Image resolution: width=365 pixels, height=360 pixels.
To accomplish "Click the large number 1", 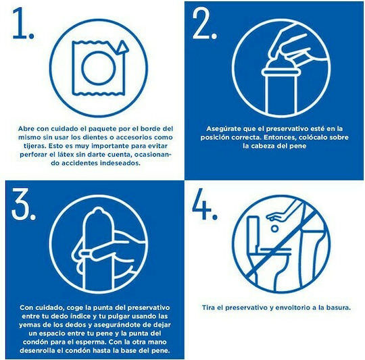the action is [x=20, y=23].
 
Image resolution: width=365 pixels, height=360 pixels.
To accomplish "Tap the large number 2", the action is [x=201, y=23].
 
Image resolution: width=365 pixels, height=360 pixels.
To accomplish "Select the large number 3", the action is [x=20, y=204].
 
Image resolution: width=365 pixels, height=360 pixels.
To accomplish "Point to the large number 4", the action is [x=201, y=204].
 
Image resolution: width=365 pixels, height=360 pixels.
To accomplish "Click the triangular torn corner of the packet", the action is [x=123, y=47].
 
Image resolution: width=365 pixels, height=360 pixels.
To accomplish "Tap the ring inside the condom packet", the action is [x=99, y=68].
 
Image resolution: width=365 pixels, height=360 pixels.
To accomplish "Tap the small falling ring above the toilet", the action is [x=274, y=228].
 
